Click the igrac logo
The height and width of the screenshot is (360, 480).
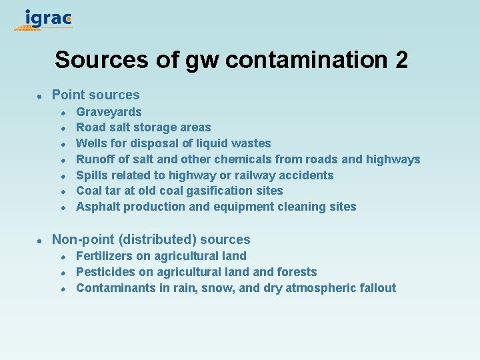[44, 19]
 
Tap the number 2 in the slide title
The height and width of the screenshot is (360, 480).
[401, 60]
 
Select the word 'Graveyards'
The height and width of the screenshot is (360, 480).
[109, 112]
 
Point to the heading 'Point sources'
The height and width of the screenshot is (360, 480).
[96, 95]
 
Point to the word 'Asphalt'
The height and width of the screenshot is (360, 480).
[97, 207]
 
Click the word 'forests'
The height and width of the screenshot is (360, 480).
[297, 272]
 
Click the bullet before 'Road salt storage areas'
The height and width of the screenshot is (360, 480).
[62, 128]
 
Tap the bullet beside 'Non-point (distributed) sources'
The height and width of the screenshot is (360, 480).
[40, 240]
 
